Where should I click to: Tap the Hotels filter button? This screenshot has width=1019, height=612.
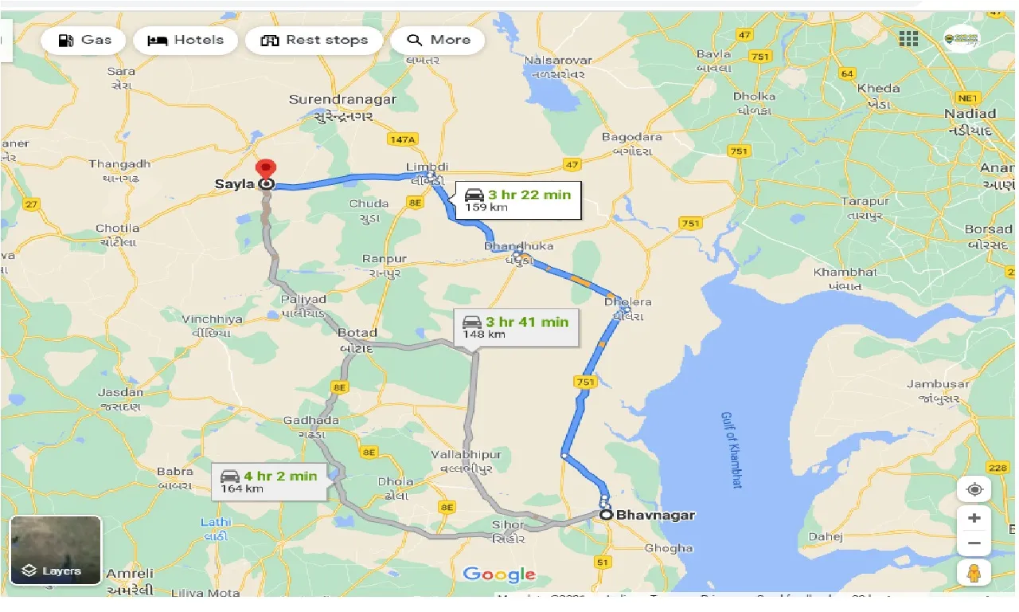(x=185, y=40)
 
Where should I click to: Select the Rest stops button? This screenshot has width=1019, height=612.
(x=314, y=40)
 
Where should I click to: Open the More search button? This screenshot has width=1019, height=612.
(x=437, y=40)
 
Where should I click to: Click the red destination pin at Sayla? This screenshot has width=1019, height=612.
(x=265, y=170)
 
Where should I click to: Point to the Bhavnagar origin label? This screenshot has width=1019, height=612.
(x=655, y=515)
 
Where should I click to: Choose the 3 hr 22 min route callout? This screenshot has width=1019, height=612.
(x=518, y=200)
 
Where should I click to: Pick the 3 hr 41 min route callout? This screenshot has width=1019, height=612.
(x=516, y=327)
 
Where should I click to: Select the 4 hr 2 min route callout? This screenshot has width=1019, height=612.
(x=269, y=481)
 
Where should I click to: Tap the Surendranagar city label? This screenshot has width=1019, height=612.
(x=342, y=100)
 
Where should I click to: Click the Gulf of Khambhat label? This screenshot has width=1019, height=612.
(x=732, y=449)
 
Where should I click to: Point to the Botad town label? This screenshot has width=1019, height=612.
(x=357, y=333)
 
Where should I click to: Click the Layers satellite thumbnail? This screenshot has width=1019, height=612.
(x=56, y=550)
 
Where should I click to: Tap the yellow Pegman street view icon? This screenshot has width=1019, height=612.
(x=974, y=572)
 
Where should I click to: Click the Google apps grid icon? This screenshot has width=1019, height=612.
(x=908, y=39)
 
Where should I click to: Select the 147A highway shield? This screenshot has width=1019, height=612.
(x=403, y=139)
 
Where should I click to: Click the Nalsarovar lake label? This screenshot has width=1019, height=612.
(x=558, y=61)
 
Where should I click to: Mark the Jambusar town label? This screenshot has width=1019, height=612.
(x=938, y=384)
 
